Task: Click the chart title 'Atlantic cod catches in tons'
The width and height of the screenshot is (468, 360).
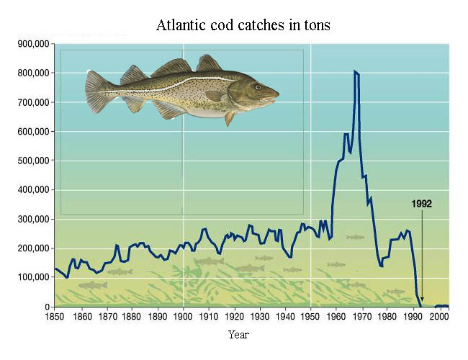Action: [243, 25]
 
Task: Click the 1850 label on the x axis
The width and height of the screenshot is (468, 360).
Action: [53, 316]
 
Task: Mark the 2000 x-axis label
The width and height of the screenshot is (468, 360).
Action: [440, 316]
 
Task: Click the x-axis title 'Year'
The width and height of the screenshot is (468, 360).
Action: [238, 335]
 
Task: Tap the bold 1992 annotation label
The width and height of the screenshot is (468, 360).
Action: [422, 204]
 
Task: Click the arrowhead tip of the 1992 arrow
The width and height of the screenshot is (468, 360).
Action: [423, 302]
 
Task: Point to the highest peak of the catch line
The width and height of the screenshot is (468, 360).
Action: [354, 71]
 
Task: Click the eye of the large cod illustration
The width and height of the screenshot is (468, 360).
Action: [258, 86]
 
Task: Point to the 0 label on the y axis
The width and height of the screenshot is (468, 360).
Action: [45, 307]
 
